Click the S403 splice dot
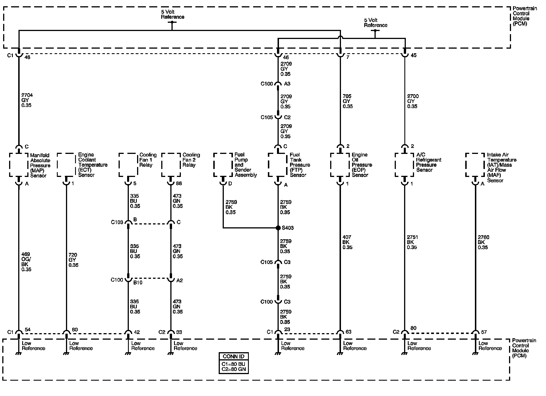(x=278, y=228)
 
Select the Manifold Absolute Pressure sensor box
(x=19, y=165)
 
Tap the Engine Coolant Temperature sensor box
(x=67, y=165)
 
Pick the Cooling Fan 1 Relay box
(x=128, y=165)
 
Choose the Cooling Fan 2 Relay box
(x=171, y=165)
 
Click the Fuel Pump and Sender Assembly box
(x=223, y=165)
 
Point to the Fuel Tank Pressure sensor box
(x=278, y=165)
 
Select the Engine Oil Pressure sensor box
(x=340, y=165)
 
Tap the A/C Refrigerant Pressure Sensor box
(x=404, y=165)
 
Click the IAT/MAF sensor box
(x=475, y=165)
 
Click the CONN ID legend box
(x=233, y=363)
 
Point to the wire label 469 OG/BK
(x=26, y=262)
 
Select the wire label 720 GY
(x=73, y=260)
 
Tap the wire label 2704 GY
(x=27, y=100)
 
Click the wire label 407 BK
(x=347, y=242)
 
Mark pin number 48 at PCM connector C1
(x=28, y=57)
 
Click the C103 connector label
(x=117, y=222)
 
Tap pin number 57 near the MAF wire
(x=484, y=332)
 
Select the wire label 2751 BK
(x=412, y=242)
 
